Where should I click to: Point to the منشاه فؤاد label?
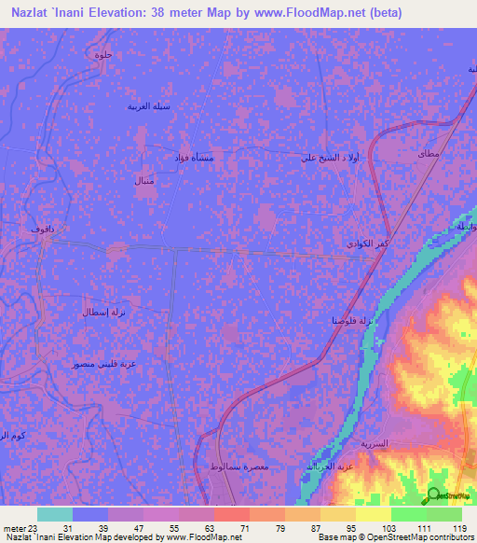click(x=194, y=158)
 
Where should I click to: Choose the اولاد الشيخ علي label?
click(x=327, y=158)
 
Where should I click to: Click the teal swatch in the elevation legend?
click(x=55, y=514)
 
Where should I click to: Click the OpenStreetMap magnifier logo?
click(x=432, y=495)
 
